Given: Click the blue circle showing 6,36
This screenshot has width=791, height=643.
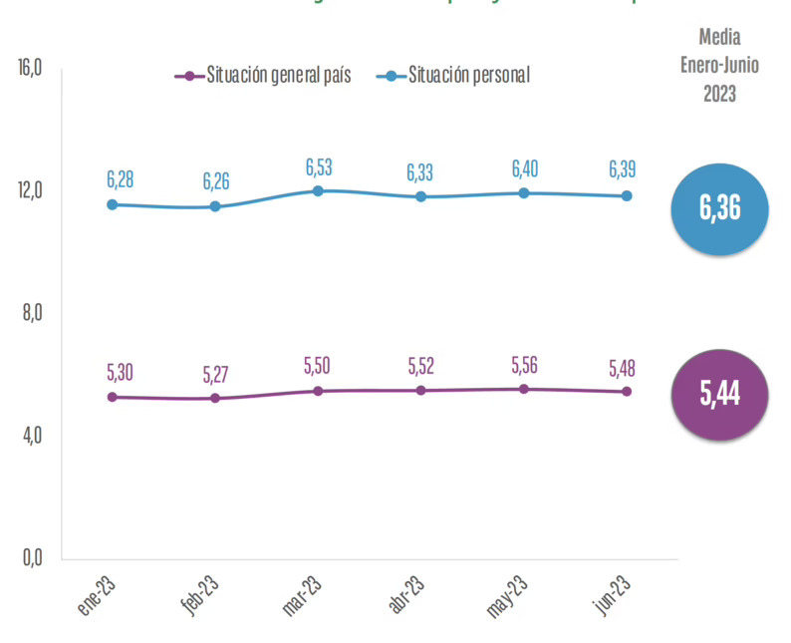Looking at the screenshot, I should tap(719, 209).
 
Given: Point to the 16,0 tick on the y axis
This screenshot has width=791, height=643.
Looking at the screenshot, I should tap(30, 68).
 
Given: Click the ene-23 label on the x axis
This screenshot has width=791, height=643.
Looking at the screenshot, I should tap(101, 597).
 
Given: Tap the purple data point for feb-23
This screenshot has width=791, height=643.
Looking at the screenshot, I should tap(215, 398).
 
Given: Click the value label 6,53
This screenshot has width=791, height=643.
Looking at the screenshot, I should tap(319, 166).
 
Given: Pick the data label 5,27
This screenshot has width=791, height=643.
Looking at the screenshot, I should tap(216, 375).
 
